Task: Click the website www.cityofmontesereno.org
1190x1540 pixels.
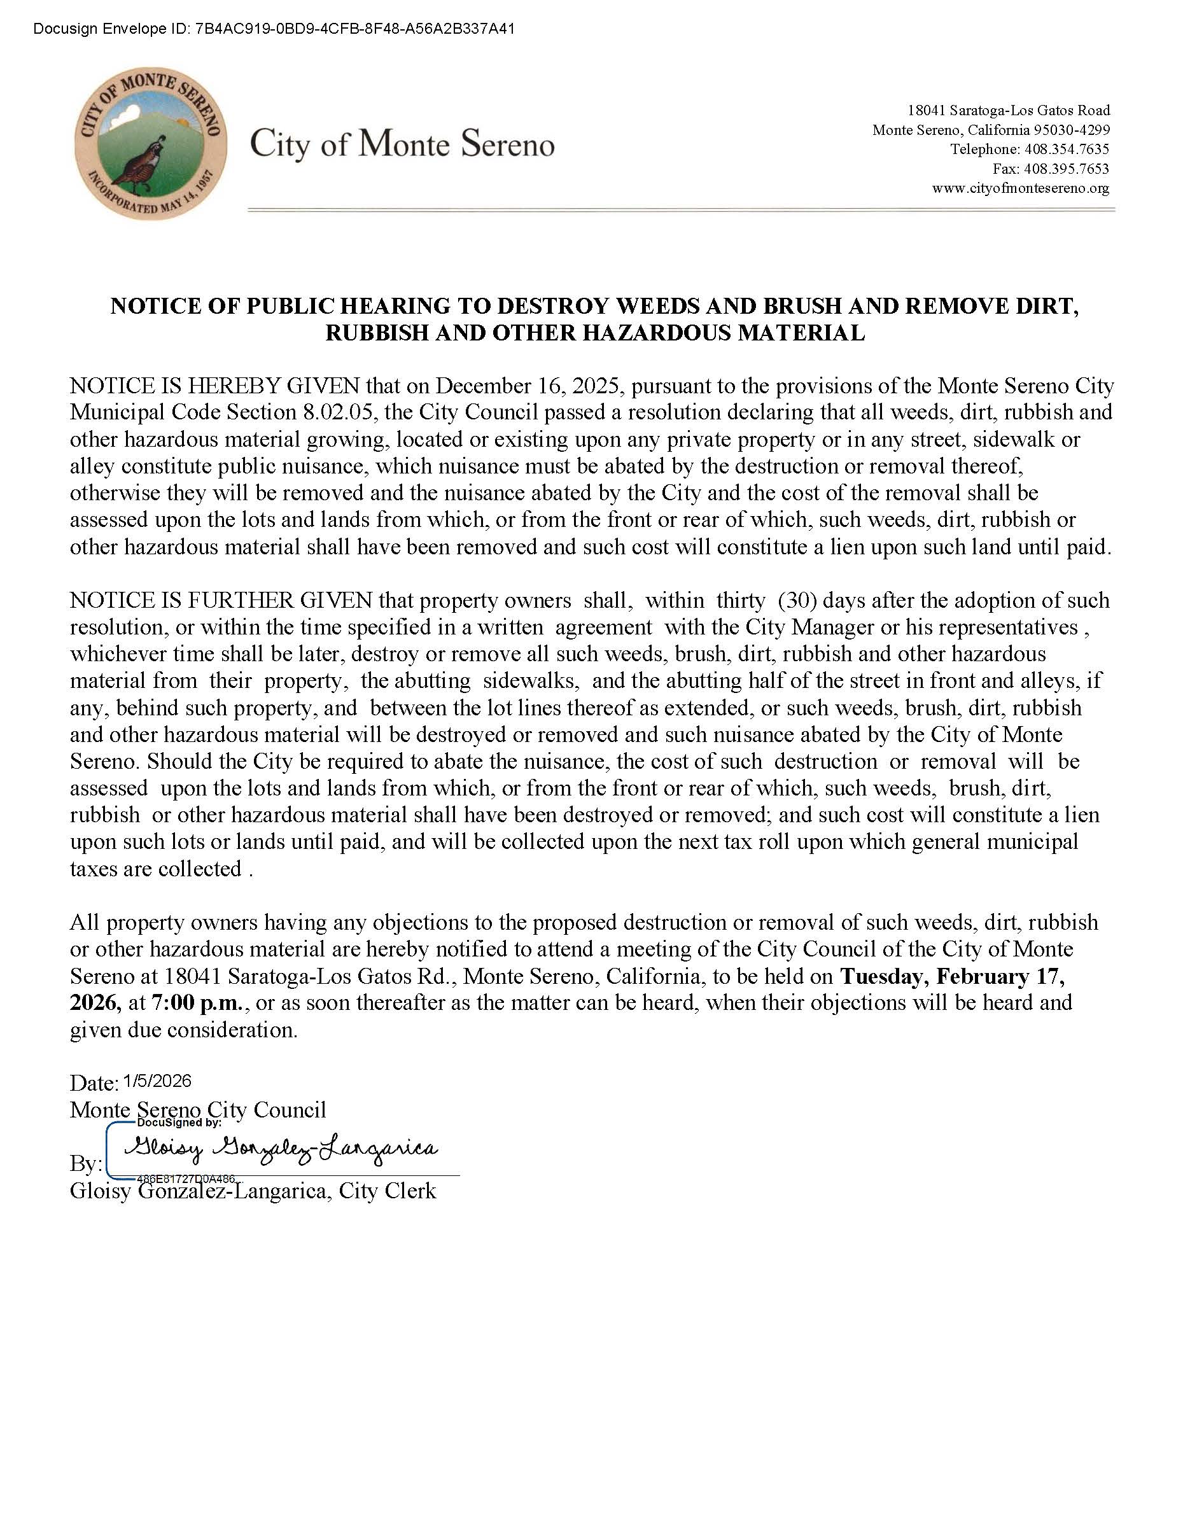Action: [1020, 188]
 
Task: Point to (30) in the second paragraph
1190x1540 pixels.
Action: [797, 601]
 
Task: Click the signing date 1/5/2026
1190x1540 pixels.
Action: [157, 1081]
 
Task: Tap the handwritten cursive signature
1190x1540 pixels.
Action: [281, 1149]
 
